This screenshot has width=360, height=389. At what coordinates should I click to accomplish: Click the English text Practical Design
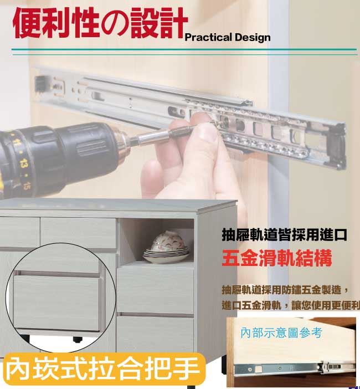coord(228,38)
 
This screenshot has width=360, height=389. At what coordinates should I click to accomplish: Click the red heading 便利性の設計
coord(100,23)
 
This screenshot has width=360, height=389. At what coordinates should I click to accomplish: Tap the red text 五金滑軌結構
coord(277,258)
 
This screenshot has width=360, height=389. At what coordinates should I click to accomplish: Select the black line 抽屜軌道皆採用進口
coord(284,235)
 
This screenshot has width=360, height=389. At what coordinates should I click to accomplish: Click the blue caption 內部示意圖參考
coord(281,333)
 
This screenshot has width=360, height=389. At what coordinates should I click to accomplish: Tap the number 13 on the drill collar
coord(23,163)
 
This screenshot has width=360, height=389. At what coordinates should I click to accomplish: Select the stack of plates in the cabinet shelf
coord(166,255)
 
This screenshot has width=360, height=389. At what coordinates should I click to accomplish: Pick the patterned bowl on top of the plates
coord(168,240)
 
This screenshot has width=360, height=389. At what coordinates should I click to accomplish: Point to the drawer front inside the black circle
coord(56,302)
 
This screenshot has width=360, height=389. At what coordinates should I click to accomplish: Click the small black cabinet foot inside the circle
coord(78,339)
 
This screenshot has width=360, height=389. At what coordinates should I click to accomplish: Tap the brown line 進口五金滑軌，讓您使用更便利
coord(291,305)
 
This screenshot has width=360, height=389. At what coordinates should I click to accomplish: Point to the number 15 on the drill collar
coord(27,185)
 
